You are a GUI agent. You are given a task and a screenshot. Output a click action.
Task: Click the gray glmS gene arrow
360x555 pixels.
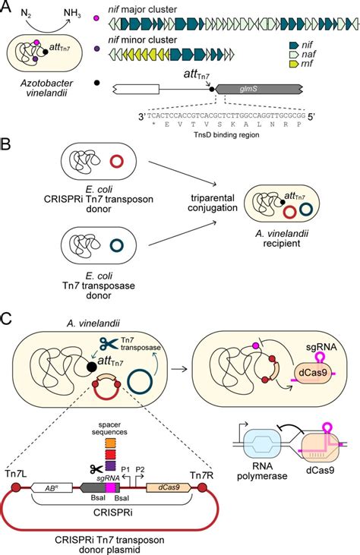coord(261,89)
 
